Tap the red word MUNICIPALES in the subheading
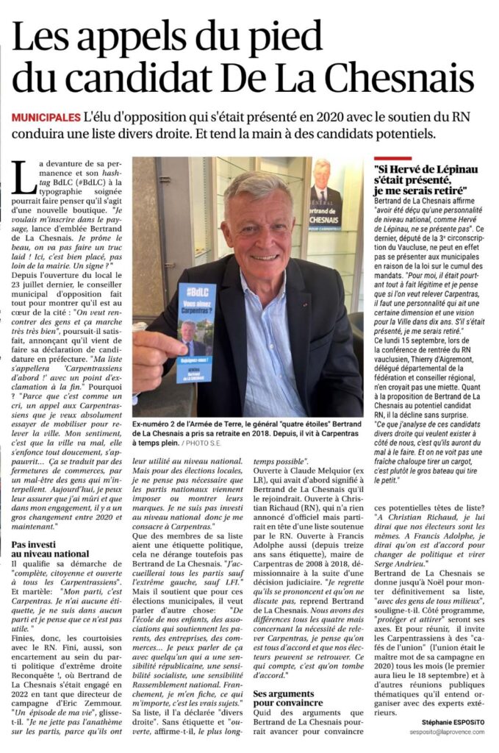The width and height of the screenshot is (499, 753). [45, 118]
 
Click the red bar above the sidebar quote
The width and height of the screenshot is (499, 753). [392, 158]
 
